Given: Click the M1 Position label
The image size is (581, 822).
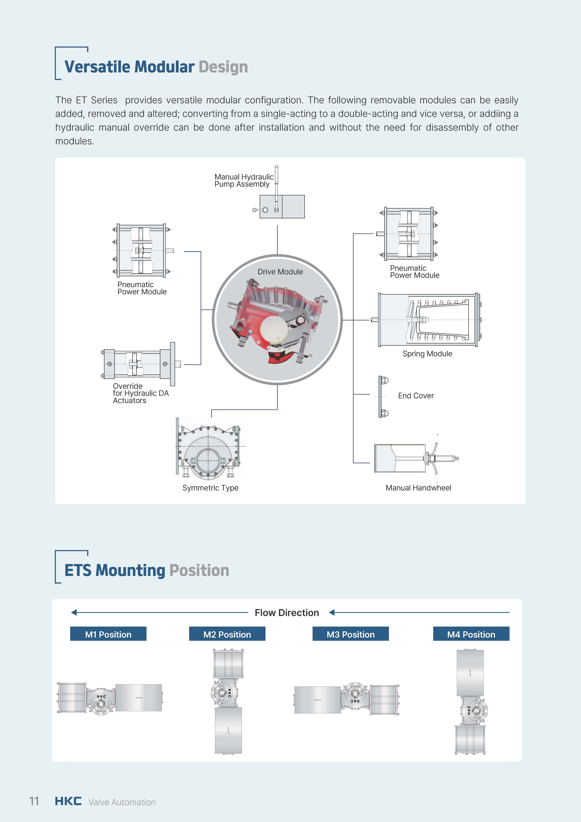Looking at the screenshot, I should click(108, 634).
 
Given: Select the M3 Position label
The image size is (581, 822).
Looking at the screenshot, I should click(350, 634).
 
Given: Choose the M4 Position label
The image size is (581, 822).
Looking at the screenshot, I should click(471, 634).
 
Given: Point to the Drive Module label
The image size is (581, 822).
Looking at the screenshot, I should click(280, 272).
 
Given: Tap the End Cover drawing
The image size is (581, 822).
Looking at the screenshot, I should click(383, 397).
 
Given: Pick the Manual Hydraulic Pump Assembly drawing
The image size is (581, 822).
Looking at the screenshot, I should click(279, 200).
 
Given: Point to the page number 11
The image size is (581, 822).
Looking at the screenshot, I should click(34, 801).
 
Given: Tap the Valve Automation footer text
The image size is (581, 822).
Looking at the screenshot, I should click(122, 802).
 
